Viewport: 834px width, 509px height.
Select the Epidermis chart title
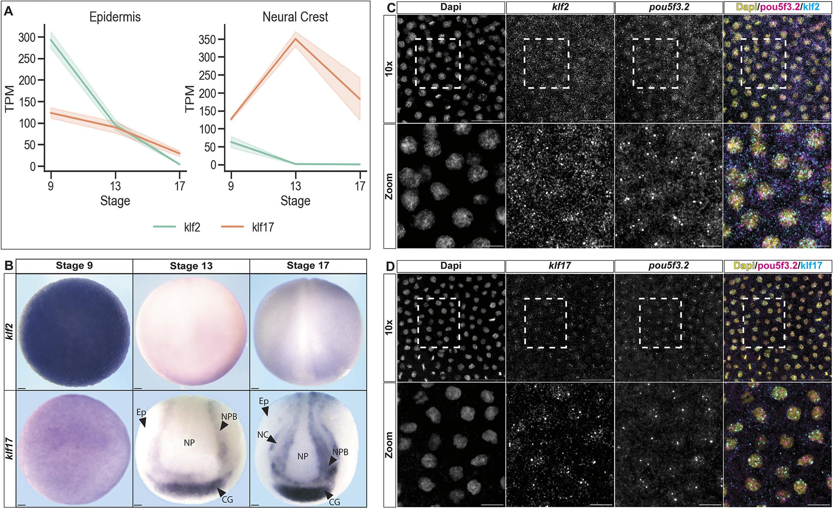coord(115,17)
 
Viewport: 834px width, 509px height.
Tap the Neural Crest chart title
coord(295,17)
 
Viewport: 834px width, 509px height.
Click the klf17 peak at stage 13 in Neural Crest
coord(296,39)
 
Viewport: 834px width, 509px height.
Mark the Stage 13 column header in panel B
coord(191,266)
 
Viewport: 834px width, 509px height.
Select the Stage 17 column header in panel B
coord(307,266)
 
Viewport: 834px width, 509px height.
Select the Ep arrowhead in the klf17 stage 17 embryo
coord(266,411)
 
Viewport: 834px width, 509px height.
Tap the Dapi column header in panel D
coord(451,266)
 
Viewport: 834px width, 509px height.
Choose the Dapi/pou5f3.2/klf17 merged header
coord(777,266)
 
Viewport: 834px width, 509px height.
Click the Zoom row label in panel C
coord(390,186)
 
